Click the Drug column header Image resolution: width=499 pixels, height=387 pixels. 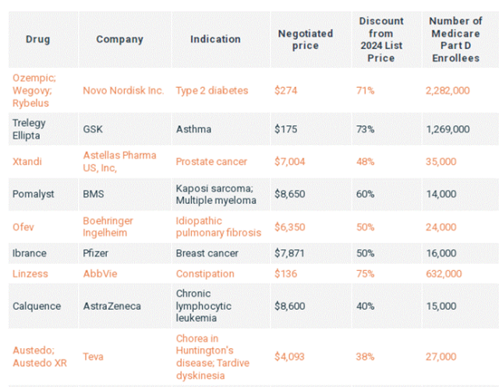[38, 39]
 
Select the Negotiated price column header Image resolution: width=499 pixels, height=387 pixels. [306, 40]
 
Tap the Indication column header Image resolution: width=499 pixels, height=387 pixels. [215, 39]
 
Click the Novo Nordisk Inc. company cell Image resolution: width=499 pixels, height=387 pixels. [123, 90]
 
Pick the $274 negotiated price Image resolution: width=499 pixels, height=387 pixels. [286, 90]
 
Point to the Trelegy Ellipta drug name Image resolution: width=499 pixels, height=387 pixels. [29, 129]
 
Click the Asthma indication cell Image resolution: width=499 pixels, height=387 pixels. [193, 129]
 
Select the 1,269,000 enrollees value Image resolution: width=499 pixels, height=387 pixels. [448, 129]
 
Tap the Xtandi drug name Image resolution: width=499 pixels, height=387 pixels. [27, 161]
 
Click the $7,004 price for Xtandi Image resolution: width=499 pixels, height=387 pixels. [289, 161]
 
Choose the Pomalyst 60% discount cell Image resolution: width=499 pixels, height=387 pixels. [365, 194]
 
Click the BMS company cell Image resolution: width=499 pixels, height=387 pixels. [94, 194]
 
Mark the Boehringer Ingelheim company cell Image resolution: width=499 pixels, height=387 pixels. [108, 227]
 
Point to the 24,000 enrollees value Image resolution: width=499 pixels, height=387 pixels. [441, 227]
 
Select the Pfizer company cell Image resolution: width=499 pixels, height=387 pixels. [95, 253]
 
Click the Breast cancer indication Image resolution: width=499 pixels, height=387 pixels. [207, 253]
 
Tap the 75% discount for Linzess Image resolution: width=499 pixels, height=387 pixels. [365, 273]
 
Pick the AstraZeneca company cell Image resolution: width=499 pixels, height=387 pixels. [111, 306]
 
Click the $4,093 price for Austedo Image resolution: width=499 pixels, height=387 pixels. [289, 357]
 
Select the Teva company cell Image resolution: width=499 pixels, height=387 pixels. [93, 357]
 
